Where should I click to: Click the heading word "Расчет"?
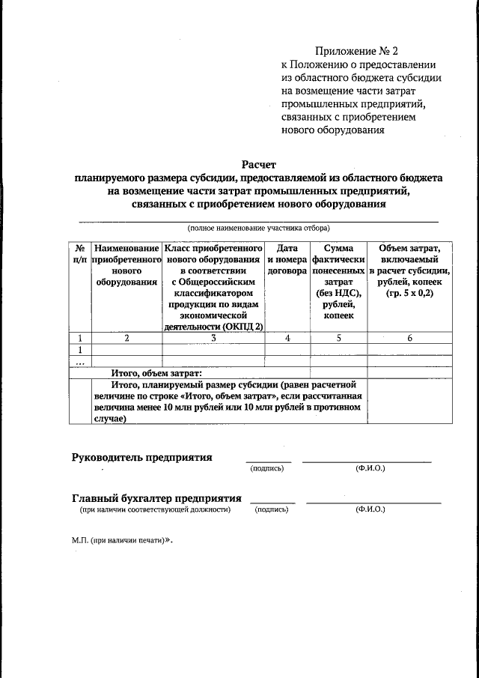(x=259, y=164)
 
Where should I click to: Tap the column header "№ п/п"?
(x=79, y=252)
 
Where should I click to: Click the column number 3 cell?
(x=213, y=338)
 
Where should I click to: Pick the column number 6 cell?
(x=409, y=338)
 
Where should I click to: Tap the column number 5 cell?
(x=338, y=338)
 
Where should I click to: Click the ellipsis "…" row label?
(x=79, y=361)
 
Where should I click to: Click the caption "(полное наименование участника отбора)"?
(x=258, y=228)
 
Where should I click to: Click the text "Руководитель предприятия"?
(x=141, y=457)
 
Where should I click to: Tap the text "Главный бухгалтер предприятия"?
(x=156, y=497)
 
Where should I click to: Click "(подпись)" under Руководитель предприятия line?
(x=267, y=468)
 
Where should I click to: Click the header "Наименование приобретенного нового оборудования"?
(x=126, y=264)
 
